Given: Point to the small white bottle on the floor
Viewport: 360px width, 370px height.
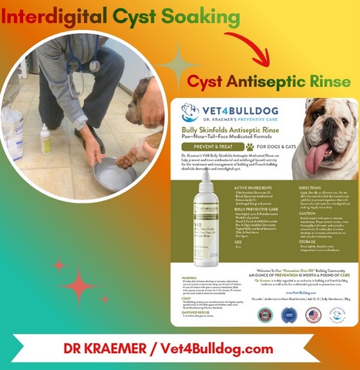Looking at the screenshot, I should click(45, 141).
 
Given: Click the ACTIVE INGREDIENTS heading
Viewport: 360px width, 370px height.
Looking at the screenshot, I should click(230, 187).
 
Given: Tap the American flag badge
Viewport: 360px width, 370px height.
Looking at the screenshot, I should click(312, 314).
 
